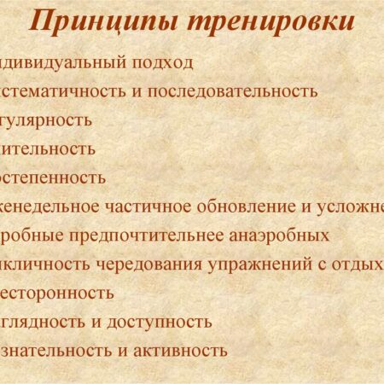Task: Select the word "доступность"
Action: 164,322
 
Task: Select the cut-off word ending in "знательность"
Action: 52,351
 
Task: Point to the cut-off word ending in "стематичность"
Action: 55,91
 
